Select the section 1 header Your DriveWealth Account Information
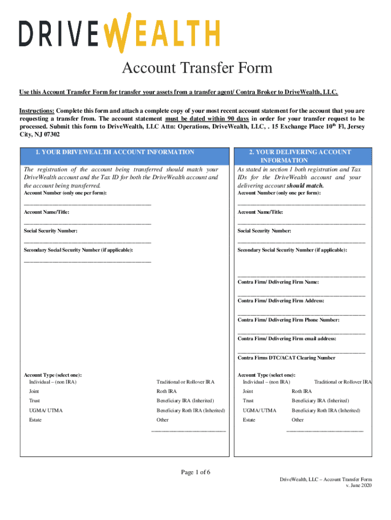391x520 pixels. [x=115, y=152]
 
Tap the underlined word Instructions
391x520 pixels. [x=37, y=111]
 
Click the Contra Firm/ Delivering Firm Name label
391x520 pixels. [x=278, y=282]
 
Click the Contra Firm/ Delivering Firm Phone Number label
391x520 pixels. [x=288, y=320]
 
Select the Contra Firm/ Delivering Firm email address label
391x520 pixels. [x=286, y=339]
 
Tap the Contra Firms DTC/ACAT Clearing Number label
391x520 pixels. [x=286, y=358]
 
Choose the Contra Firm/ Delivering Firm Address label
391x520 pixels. [x=281, y=301]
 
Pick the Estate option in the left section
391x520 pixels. [x=35, y=420]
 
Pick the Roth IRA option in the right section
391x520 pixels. [x=302, y=392]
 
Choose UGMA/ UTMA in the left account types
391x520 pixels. [x=46, y=410]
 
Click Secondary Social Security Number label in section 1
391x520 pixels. [x=79, y=250]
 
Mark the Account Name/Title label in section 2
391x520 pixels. [x=260, y=212]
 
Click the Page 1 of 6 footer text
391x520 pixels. [x=196, y=473]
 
